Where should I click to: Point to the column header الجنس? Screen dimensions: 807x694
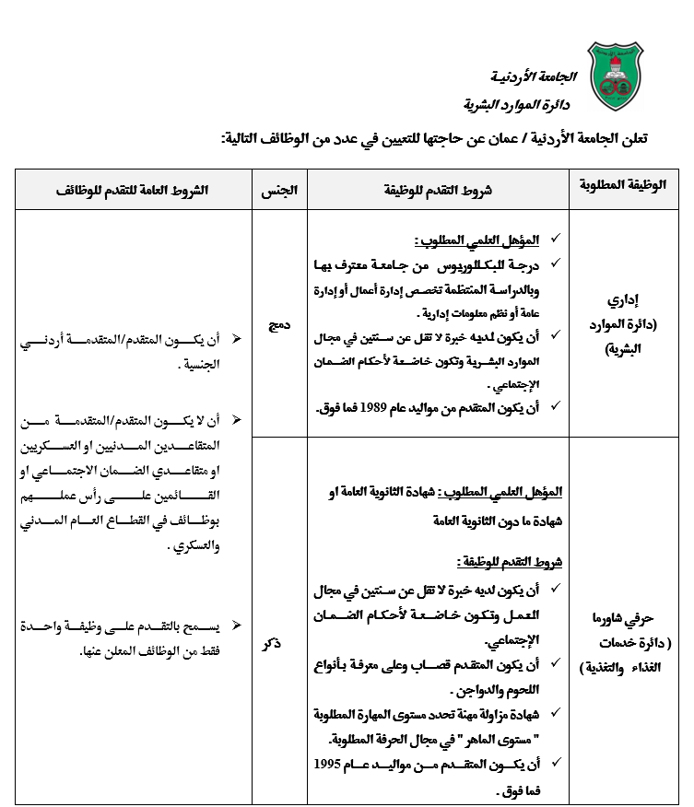click(279, 189)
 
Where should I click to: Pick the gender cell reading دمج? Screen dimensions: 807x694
click(279, 324)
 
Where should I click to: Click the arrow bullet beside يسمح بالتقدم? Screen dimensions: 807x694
click(237, 626)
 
